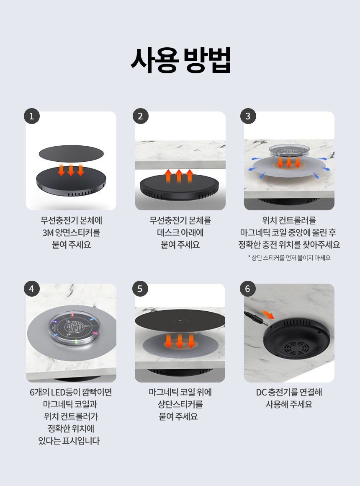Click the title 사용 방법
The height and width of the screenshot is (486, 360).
[180, 60]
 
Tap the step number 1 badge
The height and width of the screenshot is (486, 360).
[31, 116]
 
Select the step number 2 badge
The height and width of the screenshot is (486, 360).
[140, 116]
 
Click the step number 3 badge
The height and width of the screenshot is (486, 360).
[248, 116]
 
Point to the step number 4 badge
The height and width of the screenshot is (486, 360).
[31, 289]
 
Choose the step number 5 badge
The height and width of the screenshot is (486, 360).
[140, 289]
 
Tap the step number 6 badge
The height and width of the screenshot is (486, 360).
[247, 289]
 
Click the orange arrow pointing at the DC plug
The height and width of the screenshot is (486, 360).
[268, 314]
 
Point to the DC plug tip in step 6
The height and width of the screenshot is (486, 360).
[265, 323]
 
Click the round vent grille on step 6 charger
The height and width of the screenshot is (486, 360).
[297, 347]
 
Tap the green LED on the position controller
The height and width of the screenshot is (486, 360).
[77, 342]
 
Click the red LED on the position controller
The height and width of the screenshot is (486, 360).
[72, 315]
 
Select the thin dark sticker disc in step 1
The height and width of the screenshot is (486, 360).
[71, 153]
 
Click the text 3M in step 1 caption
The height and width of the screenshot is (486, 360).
[48, 233]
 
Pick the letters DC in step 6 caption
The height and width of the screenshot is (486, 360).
[261, 392]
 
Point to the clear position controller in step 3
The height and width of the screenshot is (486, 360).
[289, 150]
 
